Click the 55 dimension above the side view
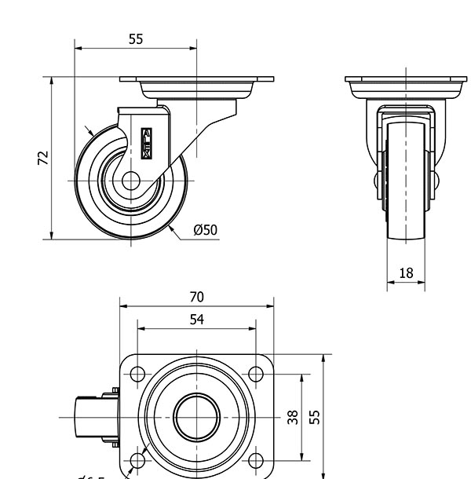click(136, 38)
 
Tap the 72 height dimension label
click(44, 158)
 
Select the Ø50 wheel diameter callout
click(205, 229)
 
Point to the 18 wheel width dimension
click(406, 273)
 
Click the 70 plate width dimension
click(196, 297)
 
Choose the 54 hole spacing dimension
click(196, 320)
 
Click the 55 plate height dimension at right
click(315, 415)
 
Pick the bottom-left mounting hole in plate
click(137, 460)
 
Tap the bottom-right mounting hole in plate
click(256, 460)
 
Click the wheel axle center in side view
click(131, 181)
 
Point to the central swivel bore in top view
click(196, 417)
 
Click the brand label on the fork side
click(148, 141)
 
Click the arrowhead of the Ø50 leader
click(170, 229)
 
